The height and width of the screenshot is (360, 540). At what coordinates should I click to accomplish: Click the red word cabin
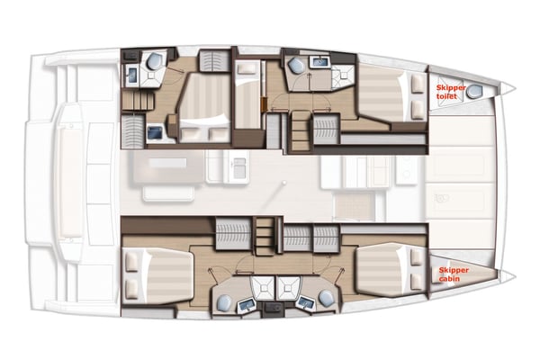pos(450,279)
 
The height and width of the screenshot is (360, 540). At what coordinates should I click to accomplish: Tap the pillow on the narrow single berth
pos(245,67)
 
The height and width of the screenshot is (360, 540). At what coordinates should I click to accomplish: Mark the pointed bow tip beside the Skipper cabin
pos(509,274)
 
